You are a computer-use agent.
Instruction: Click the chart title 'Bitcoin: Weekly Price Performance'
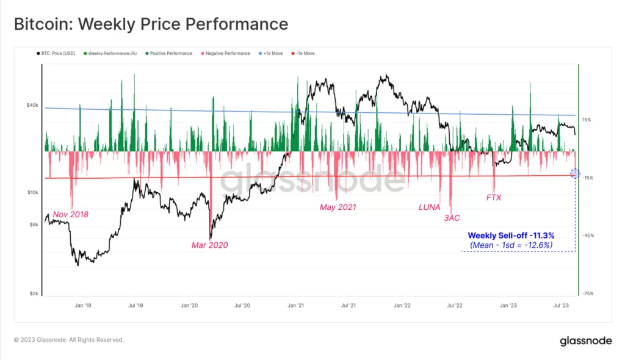click(151, 24)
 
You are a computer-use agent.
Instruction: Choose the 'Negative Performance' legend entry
click(226, 54)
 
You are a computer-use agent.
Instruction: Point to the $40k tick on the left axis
click(32, 105)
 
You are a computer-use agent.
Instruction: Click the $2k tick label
click(34, 293)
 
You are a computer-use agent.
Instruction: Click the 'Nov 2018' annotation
click(71, 215)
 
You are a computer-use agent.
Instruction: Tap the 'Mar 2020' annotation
click(209, 245)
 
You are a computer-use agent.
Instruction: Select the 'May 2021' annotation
click(338, 207)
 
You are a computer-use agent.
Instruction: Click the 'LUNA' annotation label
click(429, 207)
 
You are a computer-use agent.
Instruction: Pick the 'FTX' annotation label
click(494, 198)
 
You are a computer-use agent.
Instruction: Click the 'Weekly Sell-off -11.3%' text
click(511, 235)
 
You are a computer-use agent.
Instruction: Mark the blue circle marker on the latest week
click(575, 173)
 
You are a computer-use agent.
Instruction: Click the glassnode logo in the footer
click(586, 341)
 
